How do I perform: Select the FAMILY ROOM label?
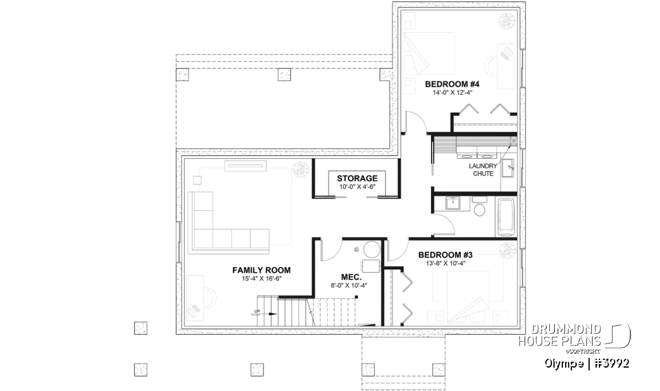[261, 270]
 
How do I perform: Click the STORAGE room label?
[357, 178]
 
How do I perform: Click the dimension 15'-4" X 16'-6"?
[261, 279]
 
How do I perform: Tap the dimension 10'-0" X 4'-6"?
[357, 186]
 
